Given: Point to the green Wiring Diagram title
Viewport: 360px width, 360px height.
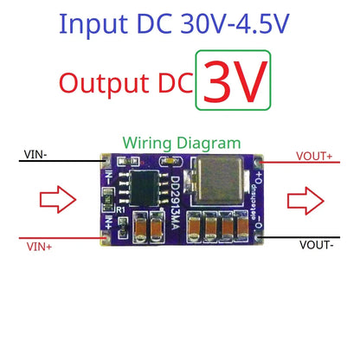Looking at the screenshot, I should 180,141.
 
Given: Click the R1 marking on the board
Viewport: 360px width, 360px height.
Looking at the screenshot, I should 122,209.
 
